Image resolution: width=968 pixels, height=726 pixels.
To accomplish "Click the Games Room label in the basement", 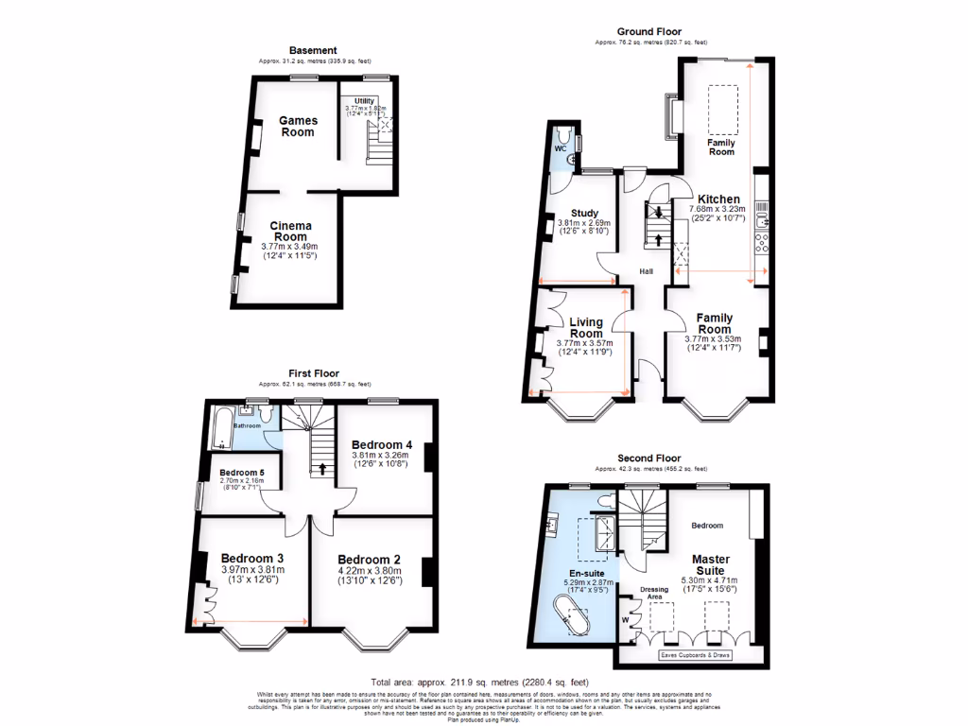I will [x=298, y=126].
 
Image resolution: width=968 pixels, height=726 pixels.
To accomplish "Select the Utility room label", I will [x=365, y=101].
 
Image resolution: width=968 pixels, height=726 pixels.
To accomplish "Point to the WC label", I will [x=559, y=147].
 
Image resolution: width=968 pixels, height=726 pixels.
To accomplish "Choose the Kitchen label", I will [x=718, y=199].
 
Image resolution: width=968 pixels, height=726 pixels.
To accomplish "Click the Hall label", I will [x=647, y=271].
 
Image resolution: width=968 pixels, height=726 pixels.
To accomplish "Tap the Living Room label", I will [x=586, y=328].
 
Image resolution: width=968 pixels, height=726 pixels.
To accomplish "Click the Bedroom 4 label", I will [x=382, y=444].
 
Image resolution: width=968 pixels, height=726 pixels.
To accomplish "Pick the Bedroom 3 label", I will [x=251, y=559].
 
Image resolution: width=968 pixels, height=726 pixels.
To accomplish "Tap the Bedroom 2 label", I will [x=371, y=559].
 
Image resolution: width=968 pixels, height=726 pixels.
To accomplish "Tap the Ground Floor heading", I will [x=649, y=32].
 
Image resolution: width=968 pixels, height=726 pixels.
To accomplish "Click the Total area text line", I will [x=480, y=682].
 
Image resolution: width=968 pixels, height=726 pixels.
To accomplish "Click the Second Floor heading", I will [x=649, y=458].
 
